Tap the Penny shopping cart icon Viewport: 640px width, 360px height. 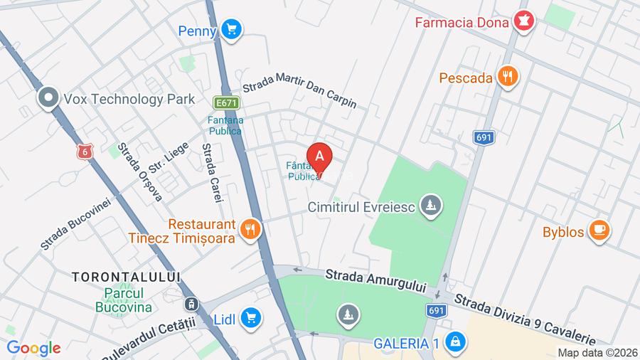tap(230, 30)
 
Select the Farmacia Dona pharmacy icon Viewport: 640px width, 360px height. tap(525, 21)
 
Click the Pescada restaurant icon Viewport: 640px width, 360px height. tap(508, 77)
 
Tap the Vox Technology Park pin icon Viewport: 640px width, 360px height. tap(48, 98)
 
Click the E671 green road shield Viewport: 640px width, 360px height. tap(226, 103)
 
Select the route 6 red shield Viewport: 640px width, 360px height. tap(85, 152)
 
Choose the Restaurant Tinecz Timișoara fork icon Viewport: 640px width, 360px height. tap(249, 229)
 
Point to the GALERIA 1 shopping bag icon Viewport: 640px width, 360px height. tap(453, 342)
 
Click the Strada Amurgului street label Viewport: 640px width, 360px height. tap(375, 280)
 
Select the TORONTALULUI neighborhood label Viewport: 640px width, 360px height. tap(126, 276)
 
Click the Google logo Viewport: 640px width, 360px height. tap(33, 348)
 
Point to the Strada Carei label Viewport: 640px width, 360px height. tap(212, 172)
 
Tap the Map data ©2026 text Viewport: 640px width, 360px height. tap(596, 352)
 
